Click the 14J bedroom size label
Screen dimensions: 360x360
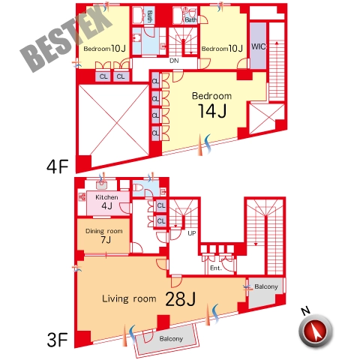212,111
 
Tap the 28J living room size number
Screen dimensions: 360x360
180,299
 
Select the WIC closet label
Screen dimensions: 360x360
259,46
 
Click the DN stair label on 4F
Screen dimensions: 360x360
174,61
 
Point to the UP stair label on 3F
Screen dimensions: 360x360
192,233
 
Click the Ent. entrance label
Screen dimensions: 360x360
216,268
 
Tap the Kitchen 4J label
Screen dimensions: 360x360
106,202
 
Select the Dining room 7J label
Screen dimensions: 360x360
104,235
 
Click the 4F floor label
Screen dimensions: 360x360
58,166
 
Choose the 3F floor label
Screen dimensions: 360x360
58,340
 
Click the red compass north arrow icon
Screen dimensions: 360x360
316,331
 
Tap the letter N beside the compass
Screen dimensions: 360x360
305,310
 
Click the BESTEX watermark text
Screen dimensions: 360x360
65,39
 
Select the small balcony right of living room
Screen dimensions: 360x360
266,292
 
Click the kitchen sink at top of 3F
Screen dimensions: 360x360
101,185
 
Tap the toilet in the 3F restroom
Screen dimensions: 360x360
138,187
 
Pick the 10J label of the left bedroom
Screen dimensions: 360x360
118,48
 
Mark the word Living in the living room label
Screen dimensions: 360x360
115,298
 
